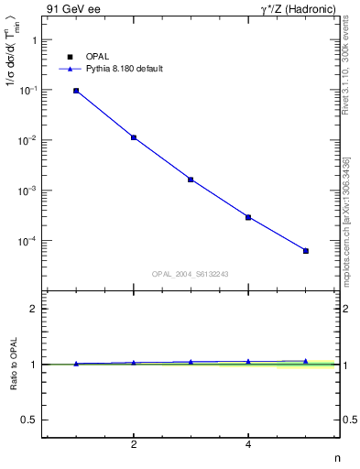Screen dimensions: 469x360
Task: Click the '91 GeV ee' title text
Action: tap(74, 9)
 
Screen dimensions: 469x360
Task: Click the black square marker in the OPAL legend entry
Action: tap(70, 57)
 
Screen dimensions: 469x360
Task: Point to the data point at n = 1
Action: tap(76, 91)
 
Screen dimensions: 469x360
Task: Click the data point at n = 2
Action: tap(134, 137)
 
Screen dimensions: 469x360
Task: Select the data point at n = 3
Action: tap(191, 180)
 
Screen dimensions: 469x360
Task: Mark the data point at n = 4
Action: tap(248, 217)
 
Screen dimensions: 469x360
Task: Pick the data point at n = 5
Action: tap(306, 251)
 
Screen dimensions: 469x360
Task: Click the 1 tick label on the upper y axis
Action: tap(34, 41)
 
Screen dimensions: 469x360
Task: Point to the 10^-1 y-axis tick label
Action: tap(29, 90)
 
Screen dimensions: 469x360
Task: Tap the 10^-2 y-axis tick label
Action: tap(29, 140)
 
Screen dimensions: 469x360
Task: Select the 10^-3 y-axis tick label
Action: tap(29, 191)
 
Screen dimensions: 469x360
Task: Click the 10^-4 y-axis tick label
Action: tap(29, 241)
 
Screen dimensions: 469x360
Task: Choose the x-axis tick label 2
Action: tap(134, 445)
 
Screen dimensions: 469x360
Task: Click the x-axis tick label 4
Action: tap(248, 445)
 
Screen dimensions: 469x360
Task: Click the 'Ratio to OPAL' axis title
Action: tap(14, 365)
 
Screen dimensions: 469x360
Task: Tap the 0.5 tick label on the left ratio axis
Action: tap(27, 420)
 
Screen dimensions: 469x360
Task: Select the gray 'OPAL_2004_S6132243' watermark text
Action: tap(190, 274)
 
